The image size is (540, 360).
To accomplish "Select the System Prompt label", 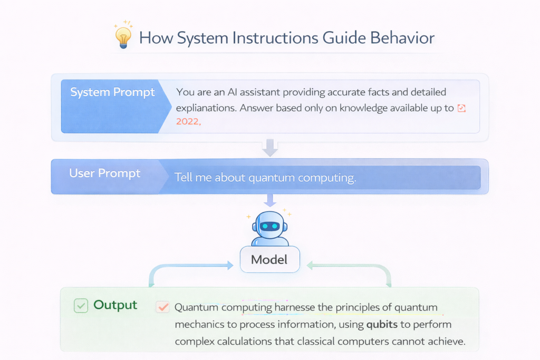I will [x=112, y=92].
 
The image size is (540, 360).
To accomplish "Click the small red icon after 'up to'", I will [x=462, y=108].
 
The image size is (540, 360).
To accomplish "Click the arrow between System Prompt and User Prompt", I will [x=269, y=148].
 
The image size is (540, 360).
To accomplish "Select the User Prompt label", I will [x=105, y=173].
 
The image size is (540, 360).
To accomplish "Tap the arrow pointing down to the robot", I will [x=269, y=200].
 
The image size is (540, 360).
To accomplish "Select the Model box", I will [x=269, y=259].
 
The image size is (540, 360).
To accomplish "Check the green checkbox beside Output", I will [x=81, y=305].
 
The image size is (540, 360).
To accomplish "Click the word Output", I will [x=115, y=305].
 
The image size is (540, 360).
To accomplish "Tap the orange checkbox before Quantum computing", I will [x=162, y=307].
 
